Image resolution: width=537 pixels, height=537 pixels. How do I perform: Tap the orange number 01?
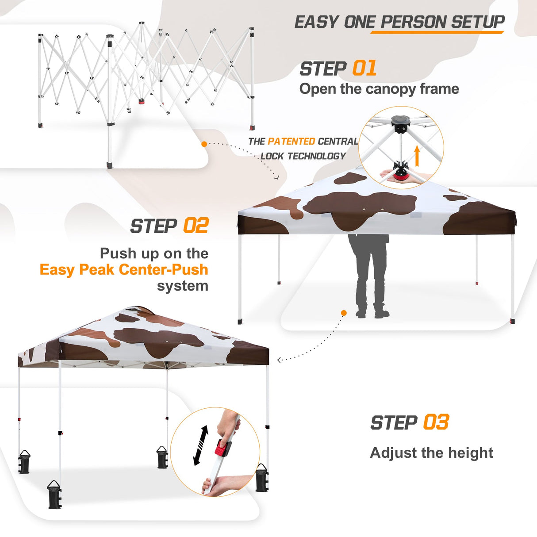(364, 69)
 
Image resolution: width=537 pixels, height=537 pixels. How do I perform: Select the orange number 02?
(196, 226)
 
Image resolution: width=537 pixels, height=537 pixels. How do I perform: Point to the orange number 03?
(436, 422)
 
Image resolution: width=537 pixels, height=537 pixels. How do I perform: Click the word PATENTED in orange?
(291, 142)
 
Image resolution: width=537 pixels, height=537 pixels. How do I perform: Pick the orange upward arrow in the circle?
(417, 156)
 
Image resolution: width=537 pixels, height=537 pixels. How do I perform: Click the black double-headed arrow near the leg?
(201, 445)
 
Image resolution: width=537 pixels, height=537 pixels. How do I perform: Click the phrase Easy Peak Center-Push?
(124, 269)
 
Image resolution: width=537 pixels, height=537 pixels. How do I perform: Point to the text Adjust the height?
(431, 453)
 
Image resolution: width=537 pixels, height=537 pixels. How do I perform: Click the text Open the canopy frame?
(379, 89)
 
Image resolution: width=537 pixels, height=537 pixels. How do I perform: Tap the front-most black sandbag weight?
(55, 495)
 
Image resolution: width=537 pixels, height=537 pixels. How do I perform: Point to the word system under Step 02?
(182, 286)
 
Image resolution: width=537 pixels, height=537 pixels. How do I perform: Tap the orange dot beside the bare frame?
(204, 144)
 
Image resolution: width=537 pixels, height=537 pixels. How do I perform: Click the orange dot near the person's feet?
(344, 313)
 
